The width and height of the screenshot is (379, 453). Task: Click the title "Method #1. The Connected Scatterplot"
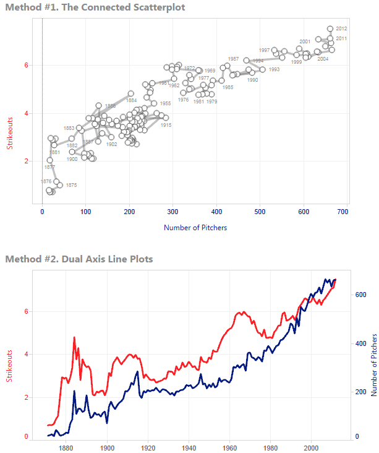tap(95, 7)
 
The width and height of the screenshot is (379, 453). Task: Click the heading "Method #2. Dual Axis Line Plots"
tap(79, 258)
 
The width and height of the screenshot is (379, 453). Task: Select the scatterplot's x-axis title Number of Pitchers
tap(195, 228)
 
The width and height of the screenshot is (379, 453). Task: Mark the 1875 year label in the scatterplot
tap(71, 185)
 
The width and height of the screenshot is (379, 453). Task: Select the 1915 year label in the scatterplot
tap(166, 125)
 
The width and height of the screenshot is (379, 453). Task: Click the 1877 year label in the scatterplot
tap(49, 167)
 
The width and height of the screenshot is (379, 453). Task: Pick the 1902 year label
tap(111, 144)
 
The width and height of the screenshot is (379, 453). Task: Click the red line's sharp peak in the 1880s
tap(74, 337)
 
